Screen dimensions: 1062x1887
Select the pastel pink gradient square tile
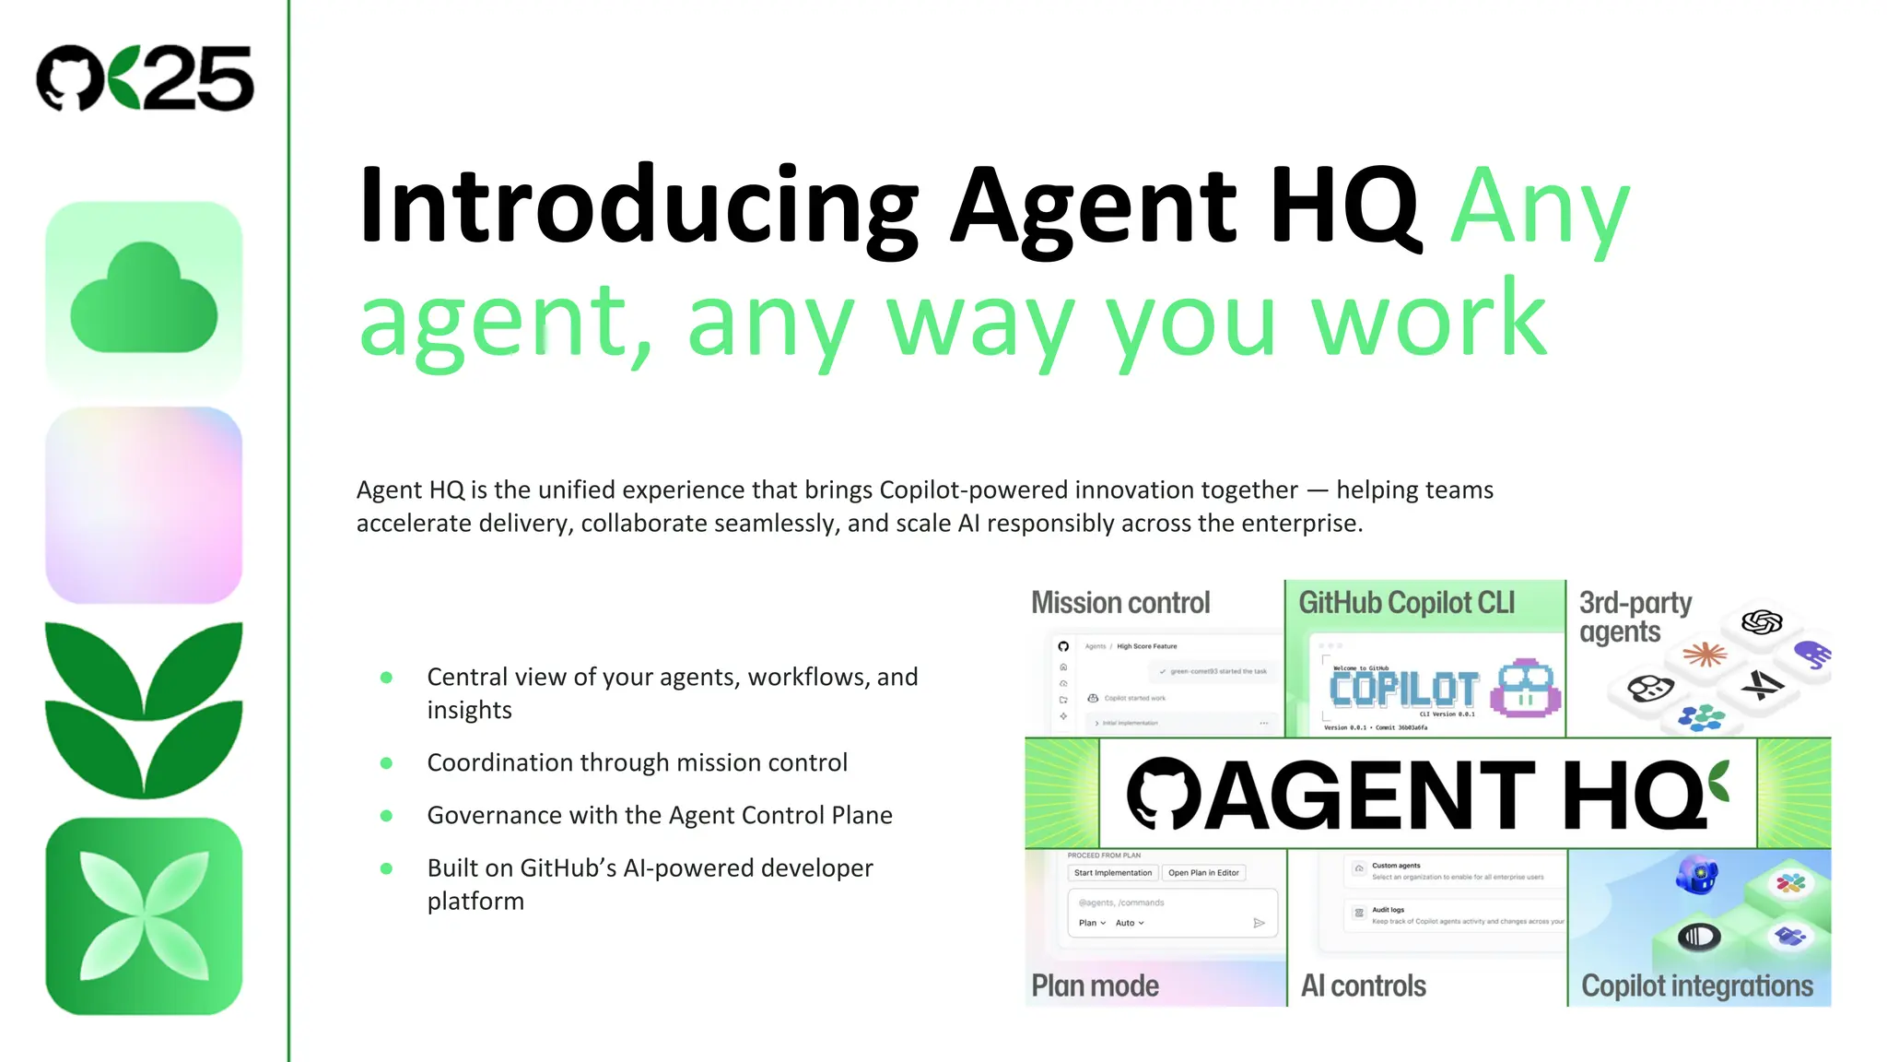coord(144,505)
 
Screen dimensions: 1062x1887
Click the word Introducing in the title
coord(638,206)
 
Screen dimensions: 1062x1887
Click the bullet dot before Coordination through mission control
coord(387,763)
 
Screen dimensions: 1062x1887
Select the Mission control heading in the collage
coord(1120,603)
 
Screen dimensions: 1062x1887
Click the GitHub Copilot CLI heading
coord(1406,603)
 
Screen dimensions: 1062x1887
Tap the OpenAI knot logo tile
coord(1762,622)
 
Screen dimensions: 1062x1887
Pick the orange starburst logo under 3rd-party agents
coord(1705,655)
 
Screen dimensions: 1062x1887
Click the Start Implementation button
coord(1113,873)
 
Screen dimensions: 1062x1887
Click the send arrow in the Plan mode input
coord(1259,923)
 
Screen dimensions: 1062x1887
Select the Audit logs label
coord(1388,910)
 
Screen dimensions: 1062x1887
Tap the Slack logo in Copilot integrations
coord(1790,883)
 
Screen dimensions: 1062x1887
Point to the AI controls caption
coord(1363,985)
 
